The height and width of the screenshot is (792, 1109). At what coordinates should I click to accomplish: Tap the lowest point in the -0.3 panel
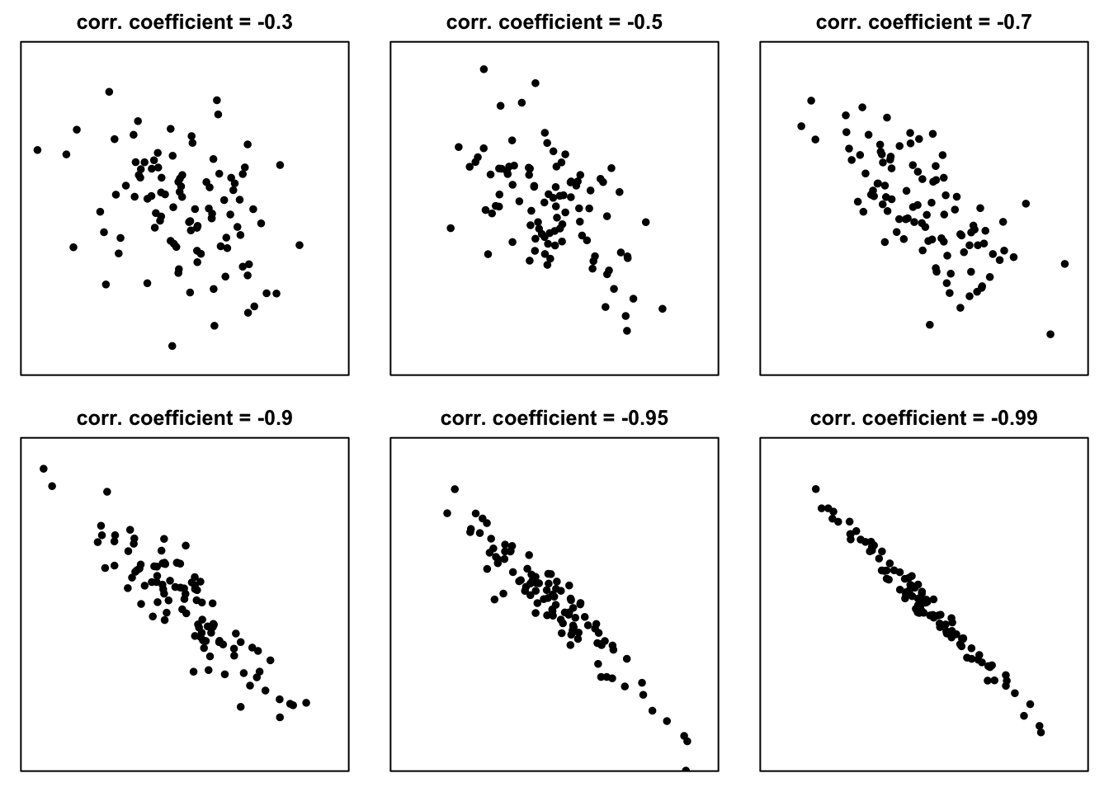(x=172, y=346)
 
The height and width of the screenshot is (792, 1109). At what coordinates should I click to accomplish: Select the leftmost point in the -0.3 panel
(x=37, y=150)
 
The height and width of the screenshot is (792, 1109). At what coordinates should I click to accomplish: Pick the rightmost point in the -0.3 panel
(x=299, y=245)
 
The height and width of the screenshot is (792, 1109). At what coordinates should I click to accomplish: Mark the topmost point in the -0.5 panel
(x=484, y=69)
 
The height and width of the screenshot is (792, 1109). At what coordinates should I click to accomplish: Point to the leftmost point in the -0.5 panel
(x=451, y=229)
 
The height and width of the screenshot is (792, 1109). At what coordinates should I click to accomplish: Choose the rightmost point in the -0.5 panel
(x=662, y=309)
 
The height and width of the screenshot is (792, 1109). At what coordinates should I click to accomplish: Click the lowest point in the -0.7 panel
(x=1050, y=334)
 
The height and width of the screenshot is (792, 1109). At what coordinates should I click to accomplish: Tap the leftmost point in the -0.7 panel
(x=801, y=126)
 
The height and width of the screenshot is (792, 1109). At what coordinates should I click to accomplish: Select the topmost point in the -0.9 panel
(x=43, y=469)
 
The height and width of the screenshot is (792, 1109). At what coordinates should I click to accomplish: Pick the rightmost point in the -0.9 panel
(x=306, y=703)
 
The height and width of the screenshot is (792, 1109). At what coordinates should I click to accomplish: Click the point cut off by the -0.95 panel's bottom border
(x=686, y=770)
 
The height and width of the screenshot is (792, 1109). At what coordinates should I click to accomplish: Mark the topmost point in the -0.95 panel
(x=455, y=489)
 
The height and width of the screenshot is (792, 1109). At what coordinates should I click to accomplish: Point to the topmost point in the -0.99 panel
(x=815, y=489)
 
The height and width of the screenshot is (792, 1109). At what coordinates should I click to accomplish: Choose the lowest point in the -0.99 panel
(x=1041, y=732)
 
